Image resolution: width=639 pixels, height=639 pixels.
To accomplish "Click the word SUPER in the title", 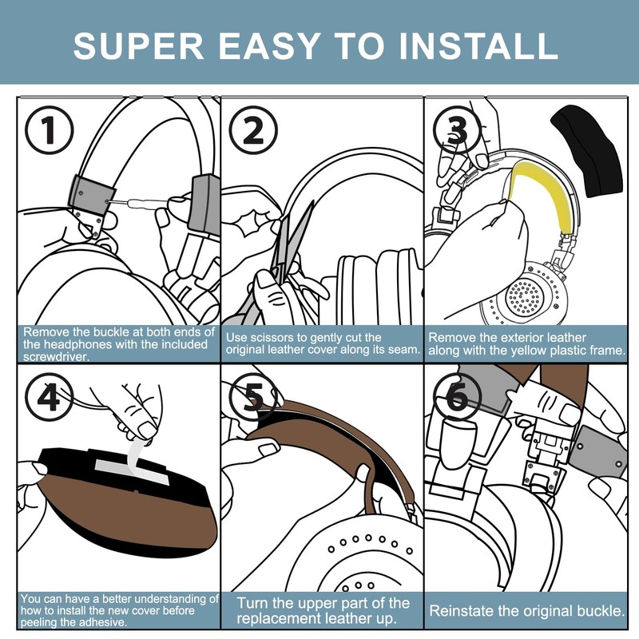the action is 138,46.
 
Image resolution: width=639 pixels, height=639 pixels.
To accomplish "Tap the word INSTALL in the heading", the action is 478,46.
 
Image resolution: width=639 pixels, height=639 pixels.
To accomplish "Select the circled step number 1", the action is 50,130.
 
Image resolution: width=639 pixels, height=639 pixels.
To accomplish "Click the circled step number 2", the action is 253,130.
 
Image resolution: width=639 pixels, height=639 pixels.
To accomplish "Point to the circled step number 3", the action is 457,130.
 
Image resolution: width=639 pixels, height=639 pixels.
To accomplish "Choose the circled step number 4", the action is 50,396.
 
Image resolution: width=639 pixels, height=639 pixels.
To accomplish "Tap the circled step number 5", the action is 253,396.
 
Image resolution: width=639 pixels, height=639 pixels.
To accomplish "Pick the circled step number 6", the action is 457,396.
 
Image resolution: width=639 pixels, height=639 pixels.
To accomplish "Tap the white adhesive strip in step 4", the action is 133,465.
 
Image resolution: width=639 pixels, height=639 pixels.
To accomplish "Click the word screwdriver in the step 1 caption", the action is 56,357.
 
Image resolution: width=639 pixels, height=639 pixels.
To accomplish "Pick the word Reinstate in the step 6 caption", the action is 462,611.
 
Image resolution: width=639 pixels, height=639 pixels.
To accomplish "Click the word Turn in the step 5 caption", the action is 252,603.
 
